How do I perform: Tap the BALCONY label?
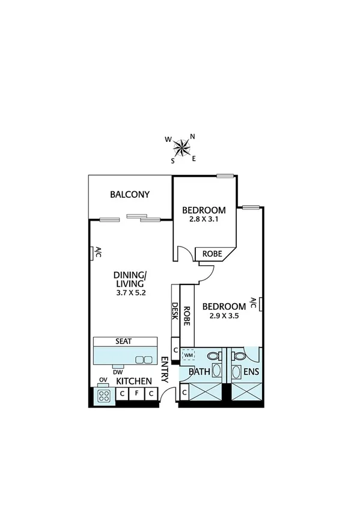pyautogui.click(x=129, y=195)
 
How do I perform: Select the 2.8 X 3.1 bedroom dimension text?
pyautogui.click(x=204, y=220)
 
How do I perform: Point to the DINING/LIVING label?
pyautogui.click(x=130, y=280)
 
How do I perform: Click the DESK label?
pyautogui.click(x=175, y=312)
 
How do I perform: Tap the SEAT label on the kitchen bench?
pyautogui.click(x=125, y=341)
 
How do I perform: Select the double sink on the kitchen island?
pyautogui.click(x=144, y=359)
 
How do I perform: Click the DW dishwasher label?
pyautogui.click(x=117, y=371)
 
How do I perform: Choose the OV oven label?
pyautogui.click(x=103, y=380)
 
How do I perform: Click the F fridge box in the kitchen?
pyautogui.click(x=137, y=394)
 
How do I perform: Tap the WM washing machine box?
pyautogui.click(x=189, y=355)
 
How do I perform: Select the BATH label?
pyautogui.click(x=200, y=372)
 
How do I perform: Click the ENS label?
pyautogui.click(x=251, y=372)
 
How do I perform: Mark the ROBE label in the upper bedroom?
pyautogui.click(x=211, y=254)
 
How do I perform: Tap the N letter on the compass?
pyautogui.click(x=192, y=136)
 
